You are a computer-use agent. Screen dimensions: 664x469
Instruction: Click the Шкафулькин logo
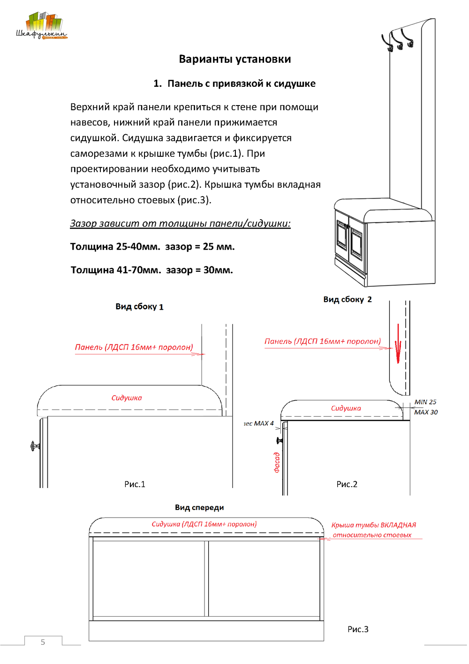[x=42, y=26]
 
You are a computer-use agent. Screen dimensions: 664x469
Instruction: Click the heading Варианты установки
[x=234, y=59]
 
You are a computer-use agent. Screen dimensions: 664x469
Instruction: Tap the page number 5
[x=43, y=642]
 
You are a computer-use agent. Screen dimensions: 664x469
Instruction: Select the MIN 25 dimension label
[x=425, y=402]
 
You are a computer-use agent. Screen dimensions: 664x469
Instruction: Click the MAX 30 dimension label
[x=425, y=412]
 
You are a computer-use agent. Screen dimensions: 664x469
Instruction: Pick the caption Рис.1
[x=135, y=484]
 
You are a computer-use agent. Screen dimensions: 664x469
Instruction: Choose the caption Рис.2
[x=347, y=484]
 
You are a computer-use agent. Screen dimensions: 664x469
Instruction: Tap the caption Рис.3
[x=358, y=629]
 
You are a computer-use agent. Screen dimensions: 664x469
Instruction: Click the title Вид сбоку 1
[x=139, y=307]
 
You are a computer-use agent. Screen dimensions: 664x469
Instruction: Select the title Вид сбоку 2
[x=347, y=299]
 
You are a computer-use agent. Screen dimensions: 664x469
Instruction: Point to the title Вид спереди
[x=199, y=507]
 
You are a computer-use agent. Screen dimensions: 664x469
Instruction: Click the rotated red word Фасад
[x=277, y=462]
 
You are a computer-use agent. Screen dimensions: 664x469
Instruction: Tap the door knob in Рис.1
[x=34, y=446]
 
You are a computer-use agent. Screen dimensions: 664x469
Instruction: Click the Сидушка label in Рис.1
[x=127, y=398]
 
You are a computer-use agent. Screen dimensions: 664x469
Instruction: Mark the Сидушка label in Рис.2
[x=346, y=408]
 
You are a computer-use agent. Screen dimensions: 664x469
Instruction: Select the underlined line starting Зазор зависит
[x=180, y=223]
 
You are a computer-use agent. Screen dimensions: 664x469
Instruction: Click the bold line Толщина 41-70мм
[x=151, y=270]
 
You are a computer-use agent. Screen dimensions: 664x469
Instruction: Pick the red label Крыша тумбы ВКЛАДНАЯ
[x=373, y=525]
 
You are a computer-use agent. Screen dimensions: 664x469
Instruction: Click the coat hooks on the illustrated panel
[x=398, y=40]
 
